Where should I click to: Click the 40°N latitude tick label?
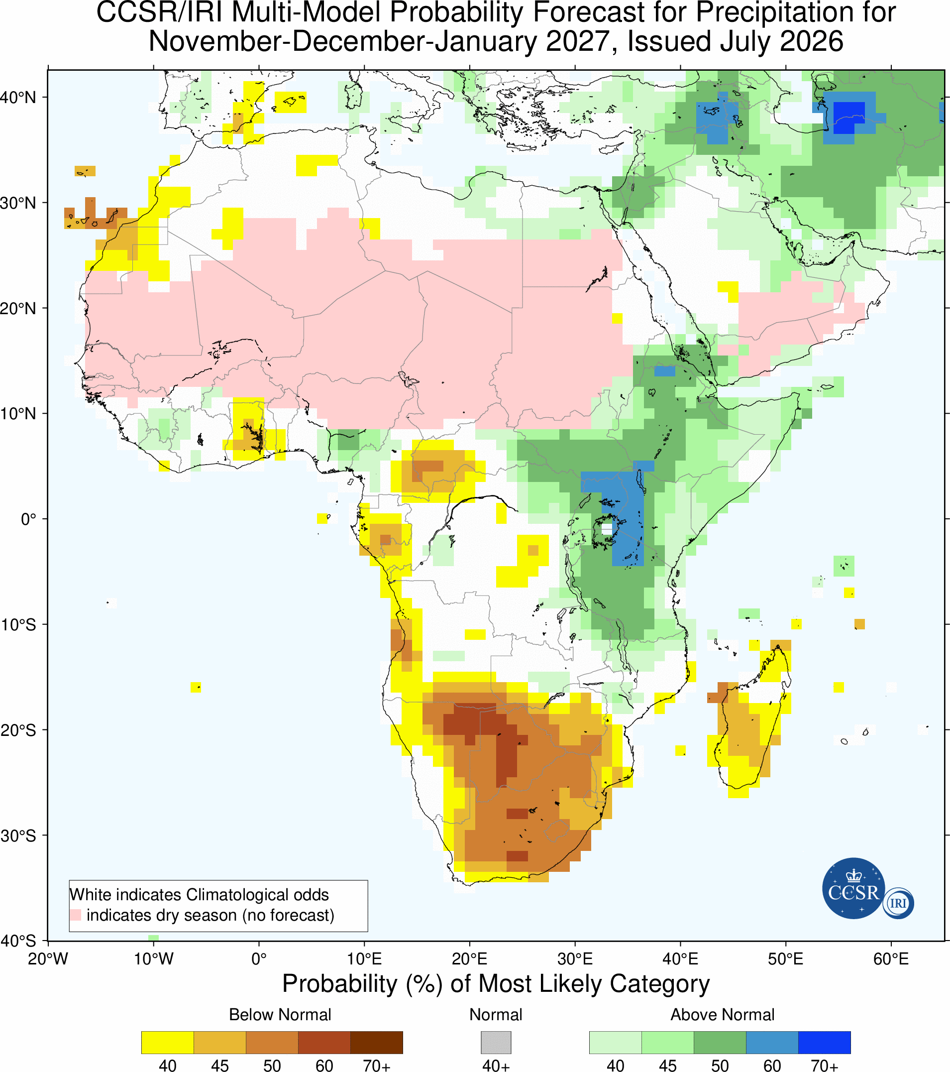[x=18, y=98]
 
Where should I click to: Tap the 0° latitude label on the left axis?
[x=28, y=520]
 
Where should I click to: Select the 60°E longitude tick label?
[x=891, y=959]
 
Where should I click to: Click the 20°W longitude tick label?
[x=48, y=959]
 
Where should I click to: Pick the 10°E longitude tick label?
[x=364, y=959]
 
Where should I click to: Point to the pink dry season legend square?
[x=76, y=915]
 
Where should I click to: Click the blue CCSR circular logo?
[x=853, y=888]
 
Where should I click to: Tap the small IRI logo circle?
[x=898, y=903]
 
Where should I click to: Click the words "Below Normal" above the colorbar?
[x=280, y=1015]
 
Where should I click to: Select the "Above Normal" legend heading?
[x=722, y=1015]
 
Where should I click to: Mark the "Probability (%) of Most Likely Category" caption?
[x=496, y=984]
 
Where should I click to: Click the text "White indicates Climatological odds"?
[x=199, y=895]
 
